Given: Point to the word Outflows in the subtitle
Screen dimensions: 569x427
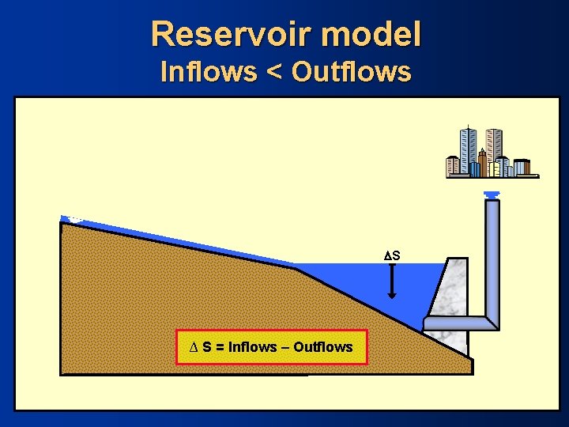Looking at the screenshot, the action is pos(351,72).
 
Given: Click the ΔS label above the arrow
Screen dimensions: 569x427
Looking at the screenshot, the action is pos(392,255).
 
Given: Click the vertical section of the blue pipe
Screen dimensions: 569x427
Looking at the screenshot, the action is pos(492,253).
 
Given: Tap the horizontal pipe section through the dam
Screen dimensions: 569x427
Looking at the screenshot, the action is pos(454,323).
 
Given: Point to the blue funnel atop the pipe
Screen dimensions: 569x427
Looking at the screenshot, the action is pos(492,195).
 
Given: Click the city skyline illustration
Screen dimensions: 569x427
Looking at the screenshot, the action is pos(491,153).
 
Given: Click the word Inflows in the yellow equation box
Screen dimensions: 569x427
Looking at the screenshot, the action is pos(252,347).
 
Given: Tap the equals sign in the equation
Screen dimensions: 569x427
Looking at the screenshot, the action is pos(219,347).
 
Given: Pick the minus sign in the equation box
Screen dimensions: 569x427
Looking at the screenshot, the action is pos(284,347).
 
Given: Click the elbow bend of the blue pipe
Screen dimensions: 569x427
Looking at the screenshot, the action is pos(491,319).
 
